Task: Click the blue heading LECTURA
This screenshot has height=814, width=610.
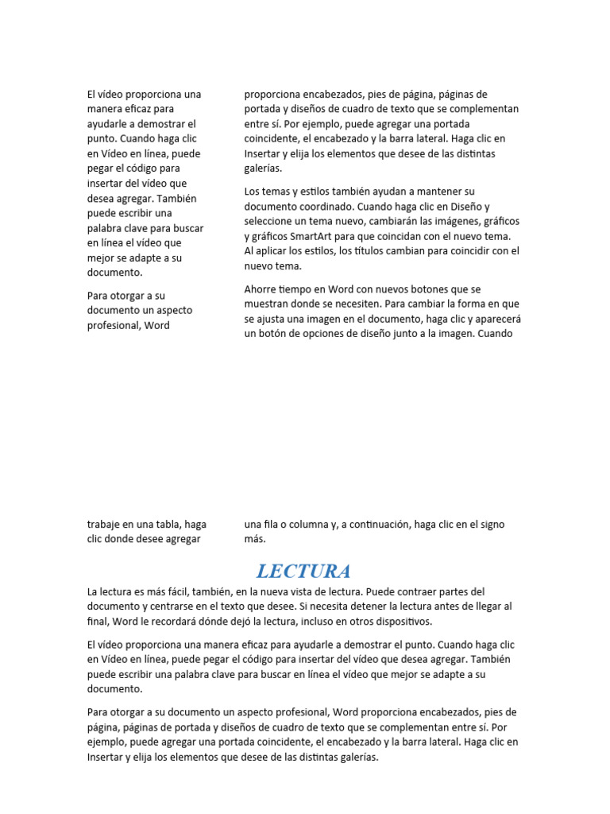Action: click(303, 571)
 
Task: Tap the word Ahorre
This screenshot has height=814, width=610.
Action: click(261, 289)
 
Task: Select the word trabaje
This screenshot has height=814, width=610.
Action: click(105, 524)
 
